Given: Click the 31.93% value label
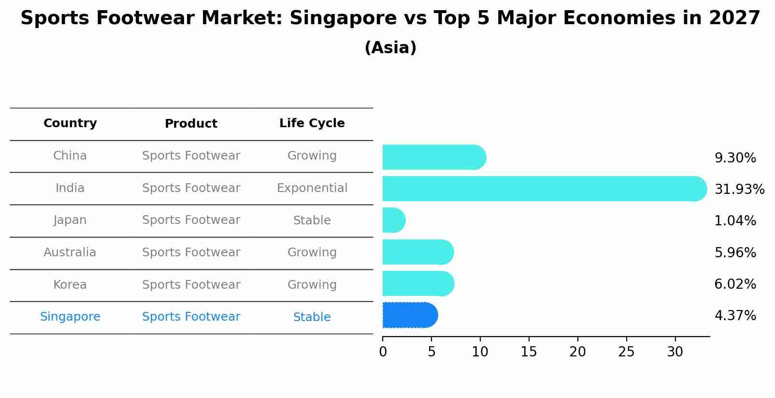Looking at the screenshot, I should (x=739, y=189).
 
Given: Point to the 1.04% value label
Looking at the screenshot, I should (x=735, y=221).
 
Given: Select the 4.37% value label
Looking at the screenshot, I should (x=735, y=316).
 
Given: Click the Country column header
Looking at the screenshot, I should (x=70, y=123).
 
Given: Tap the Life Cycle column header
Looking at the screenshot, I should (x=312, y=123).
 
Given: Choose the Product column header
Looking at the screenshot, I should (x=191, y=124).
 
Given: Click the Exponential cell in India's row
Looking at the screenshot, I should (x=312, y=188).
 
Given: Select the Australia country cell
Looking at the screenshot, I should (x=70, y=252).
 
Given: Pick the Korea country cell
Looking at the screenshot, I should (x=70, y=285).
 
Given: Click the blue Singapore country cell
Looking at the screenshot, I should (x=70, y=317).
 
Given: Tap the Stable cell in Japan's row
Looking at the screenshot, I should (x=312, y=221).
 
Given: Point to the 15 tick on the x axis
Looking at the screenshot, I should (x=529, y=352).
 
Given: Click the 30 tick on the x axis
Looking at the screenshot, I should (x=675, y=352).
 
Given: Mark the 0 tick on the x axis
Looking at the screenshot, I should (x=383, y=352).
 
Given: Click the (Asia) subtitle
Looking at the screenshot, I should (x=390, y=48).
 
